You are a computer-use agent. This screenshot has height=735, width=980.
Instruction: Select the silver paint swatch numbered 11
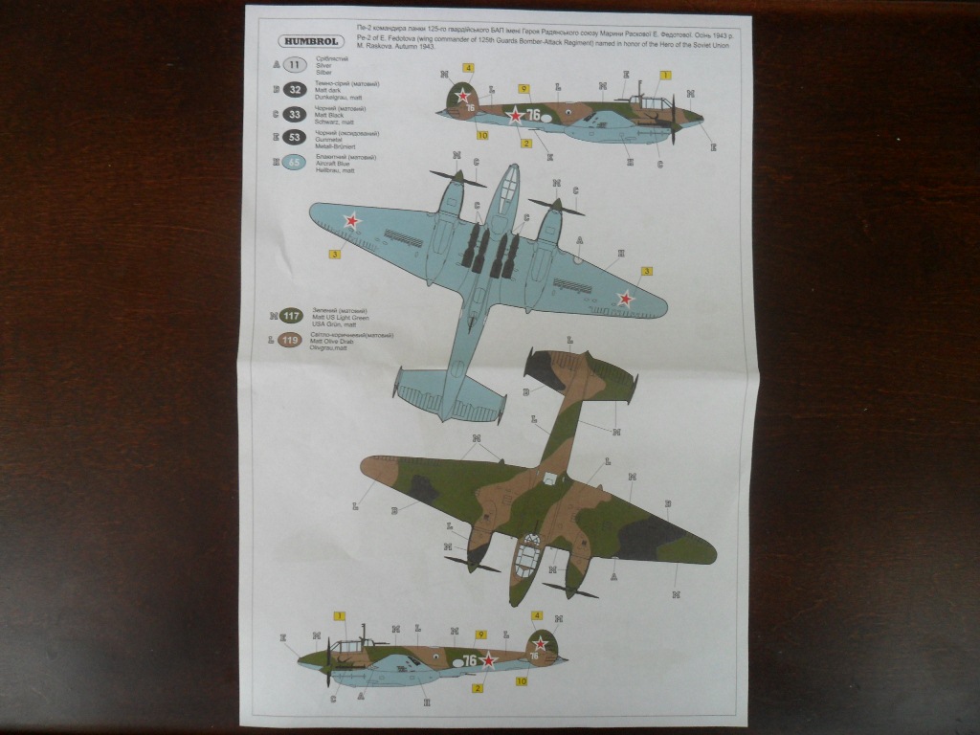[296, 66]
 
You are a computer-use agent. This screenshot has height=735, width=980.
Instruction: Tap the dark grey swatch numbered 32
[296, 90]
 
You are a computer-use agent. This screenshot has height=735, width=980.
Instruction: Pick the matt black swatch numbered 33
[296, 114]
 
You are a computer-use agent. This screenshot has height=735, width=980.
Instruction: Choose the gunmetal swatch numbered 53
[296, 139]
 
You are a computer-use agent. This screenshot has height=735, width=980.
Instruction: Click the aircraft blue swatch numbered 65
[296, 163]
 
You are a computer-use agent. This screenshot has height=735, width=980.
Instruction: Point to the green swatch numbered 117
[292, 317]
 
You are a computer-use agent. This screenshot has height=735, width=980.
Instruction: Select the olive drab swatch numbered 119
[292, 340]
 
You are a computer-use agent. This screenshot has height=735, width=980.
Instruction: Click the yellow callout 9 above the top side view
[524, 89]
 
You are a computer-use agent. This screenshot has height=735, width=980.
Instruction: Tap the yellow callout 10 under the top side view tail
[482, 135]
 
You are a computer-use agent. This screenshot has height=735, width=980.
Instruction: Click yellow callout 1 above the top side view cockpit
[664, 75]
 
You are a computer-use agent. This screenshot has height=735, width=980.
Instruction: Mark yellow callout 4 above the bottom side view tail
[537, 615]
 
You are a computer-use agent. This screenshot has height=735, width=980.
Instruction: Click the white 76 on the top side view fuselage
[533, 115]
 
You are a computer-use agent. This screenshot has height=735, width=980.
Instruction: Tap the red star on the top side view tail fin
[463, 96]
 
